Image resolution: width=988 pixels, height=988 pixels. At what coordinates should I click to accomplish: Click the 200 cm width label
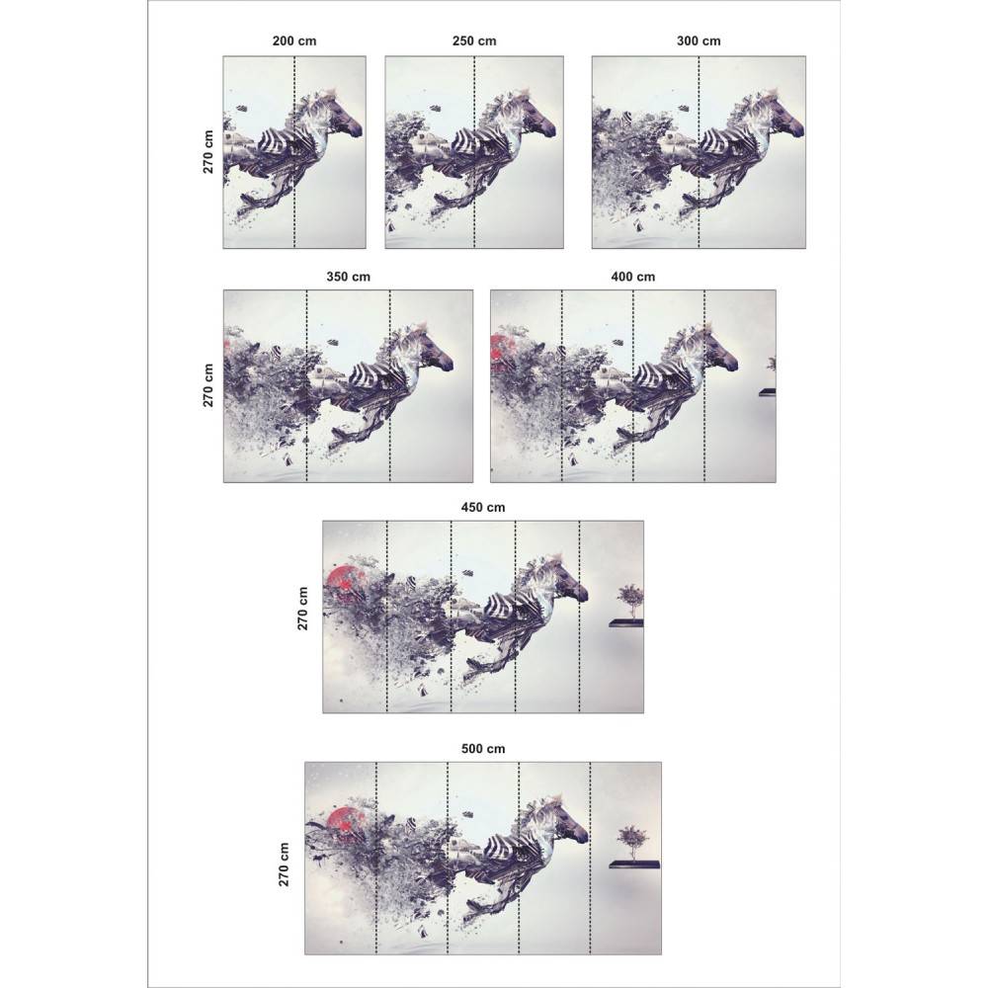point(294,41)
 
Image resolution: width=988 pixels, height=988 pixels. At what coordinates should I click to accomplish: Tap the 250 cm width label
point(474,41)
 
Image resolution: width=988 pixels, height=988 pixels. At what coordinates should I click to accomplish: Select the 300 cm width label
point(699,41)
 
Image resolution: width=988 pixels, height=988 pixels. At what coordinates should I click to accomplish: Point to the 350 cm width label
point(349,277)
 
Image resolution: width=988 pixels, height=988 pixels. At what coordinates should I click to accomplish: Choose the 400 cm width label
point(632,277)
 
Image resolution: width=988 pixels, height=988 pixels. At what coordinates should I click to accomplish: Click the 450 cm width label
point(483,507)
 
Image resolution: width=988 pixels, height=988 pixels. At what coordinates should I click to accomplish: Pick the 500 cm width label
point(483,749)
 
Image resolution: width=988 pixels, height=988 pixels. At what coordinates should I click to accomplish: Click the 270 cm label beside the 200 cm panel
point(208,152)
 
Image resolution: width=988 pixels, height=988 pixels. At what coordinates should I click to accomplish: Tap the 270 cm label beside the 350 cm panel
point(208,385)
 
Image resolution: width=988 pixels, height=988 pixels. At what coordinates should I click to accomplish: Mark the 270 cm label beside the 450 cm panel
point(303,608)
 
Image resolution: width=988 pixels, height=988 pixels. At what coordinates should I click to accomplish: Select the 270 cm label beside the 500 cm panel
point(285,864)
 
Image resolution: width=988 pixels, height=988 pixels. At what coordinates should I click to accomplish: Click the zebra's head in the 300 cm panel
point(786,120)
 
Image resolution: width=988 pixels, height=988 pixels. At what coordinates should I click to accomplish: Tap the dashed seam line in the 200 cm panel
point(294,152)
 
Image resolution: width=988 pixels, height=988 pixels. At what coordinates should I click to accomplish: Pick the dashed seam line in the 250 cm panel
point(474,152)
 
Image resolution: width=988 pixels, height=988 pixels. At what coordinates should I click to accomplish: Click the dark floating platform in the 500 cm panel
point(635,865)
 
